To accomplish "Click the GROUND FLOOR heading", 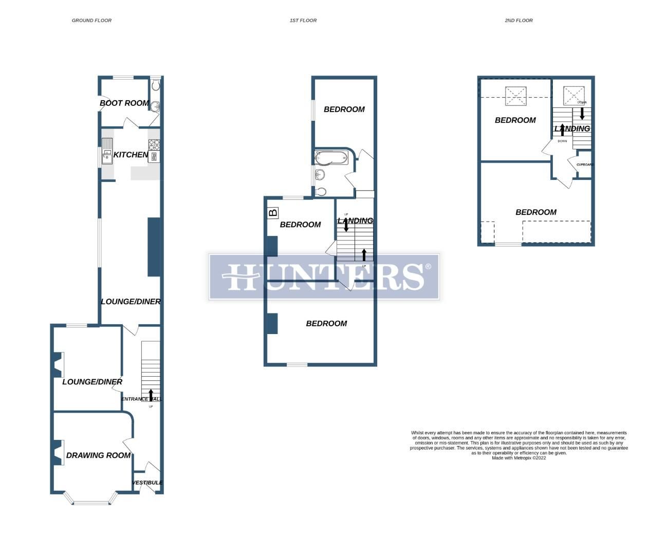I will [x=91, y=21].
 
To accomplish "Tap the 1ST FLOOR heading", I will [x=303, y=21].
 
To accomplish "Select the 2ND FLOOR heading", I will [x=519, y=21].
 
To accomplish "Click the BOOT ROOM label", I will [x=124, y=103].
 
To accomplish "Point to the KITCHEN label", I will [x=131, y=155].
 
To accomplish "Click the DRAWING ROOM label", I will [x=98, y=455].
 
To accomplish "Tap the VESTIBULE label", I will [x=147, y=483].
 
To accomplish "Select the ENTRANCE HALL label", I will [x=142, y=399].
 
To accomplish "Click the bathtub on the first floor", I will [x=331, y=157].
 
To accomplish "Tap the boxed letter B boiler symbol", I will [x=273, y=212].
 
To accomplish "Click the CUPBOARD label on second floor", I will [x=585, y=164].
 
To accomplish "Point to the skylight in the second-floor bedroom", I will [x=516, y=96].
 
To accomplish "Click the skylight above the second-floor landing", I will [x=574, y=96].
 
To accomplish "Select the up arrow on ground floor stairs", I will [x=151, y=395].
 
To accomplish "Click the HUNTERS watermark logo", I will [x=324, y=276].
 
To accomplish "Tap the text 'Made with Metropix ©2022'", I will [x=519, y=458].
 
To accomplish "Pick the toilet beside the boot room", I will [x=156, y=85].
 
